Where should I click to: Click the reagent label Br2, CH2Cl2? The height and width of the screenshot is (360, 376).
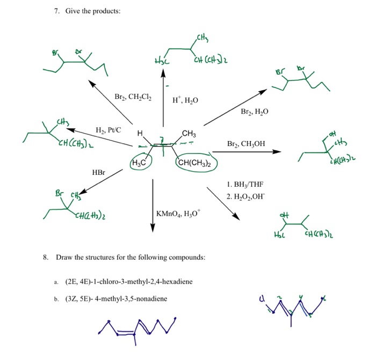tap(133, 97)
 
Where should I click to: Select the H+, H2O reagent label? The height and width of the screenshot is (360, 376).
tap(185, 100)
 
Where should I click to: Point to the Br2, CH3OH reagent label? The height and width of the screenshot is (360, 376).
tap(246, 144)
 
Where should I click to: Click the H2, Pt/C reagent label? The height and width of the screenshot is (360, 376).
tap(108, 130)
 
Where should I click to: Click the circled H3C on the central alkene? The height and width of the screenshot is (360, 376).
tap(141, 163)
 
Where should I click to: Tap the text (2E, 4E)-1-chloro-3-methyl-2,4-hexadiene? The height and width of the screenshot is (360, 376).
tap(128, 281)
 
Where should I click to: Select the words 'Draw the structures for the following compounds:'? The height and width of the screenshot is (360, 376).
tap(131, 258)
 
